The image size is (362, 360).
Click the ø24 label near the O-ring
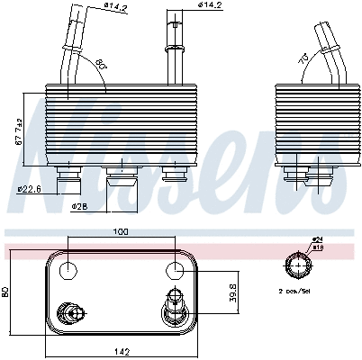click(x=318, y=239)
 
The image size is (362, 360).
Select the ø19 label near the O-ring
click(x=318, y=247)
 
